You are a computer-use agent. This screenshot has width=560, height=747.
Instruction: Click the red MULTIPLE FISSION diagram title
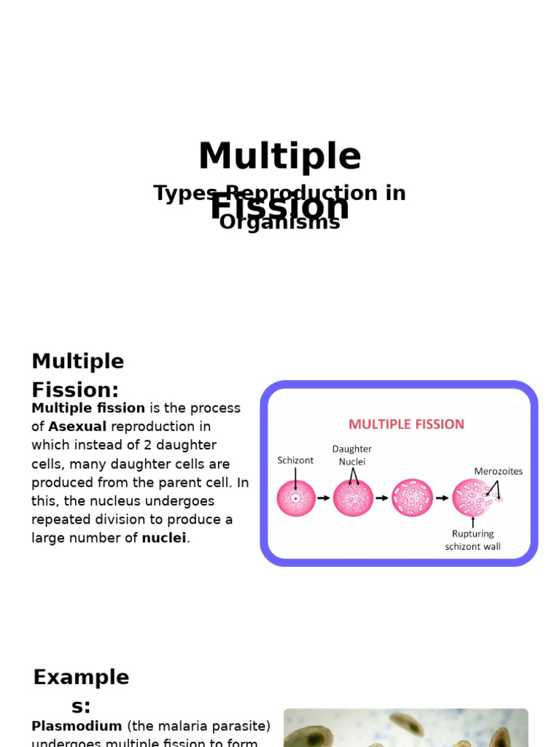tap(406, 425)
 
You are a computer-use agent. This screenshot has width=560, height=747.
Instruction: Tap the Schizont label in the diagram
tap(295, 460)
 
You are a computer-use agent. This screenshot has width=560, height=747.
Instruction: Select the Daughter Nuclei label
tap(352, 455)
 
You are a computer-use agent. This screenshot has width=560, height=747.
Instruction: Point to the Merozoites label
tap(498, 471)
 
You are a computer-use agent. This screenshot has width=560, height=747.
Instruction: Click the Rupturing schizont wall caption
tap(472, 540)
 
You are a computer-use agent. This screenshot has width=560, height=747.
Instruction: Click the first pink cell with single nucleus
tap(296, 498)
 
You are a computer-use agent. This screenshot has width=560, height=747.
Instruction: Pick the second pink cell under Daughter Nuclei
tap(353, 498)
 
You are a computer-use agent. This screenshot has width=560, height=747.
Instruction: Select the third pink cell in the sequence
tap(412, 498)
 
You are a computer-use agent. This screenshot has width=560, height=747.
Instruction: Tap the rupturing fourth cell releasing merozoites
tap(472, 498)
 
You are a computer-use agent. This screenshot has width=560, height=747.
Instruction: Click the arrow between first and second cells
tap(324, 498)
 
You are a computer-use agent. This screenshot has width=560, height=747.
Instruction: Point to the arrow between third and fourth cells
tap(442, 498)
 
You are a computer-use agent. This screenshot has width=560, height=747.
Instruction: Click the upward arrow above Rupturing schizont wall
tap(472, 522)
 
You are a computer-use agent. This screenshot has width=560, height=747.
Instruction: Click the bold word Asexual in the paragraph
tap(77, 427)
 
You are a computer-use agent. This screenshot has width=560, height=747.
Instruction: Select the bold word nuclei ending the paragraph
tap(164, 538)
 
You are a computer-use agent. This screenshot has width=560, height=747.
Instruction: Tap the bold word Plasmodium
tap(77, 727)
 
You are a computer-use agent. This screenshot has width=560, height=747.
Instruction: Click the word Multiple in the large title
tap(279, 157)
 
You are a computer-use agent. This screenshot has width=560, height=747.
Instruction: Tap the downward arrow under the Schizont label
tap(295, 479)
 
